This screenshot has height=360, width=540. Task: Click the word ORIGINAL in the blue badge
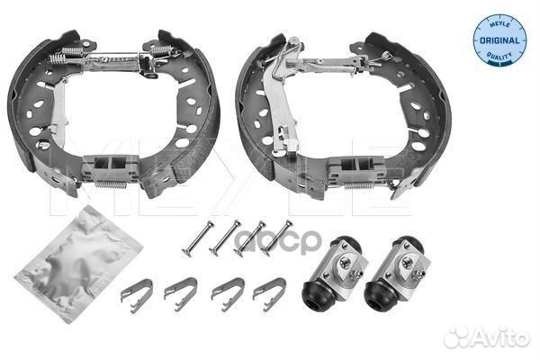(x=499, y=40)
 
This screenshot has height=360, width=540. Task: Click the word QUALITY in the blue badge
(x=499, y=55)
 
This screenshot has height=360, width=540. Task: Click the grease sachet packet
(x=77, y=265)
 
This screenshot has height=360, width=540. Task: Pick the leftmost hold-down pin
(x=198, y=238)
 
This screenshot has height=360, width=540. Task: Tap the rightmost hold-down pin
(x=276, y=238)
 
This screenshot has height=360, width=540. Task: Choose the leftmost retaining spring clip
(x=137, y=295)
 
